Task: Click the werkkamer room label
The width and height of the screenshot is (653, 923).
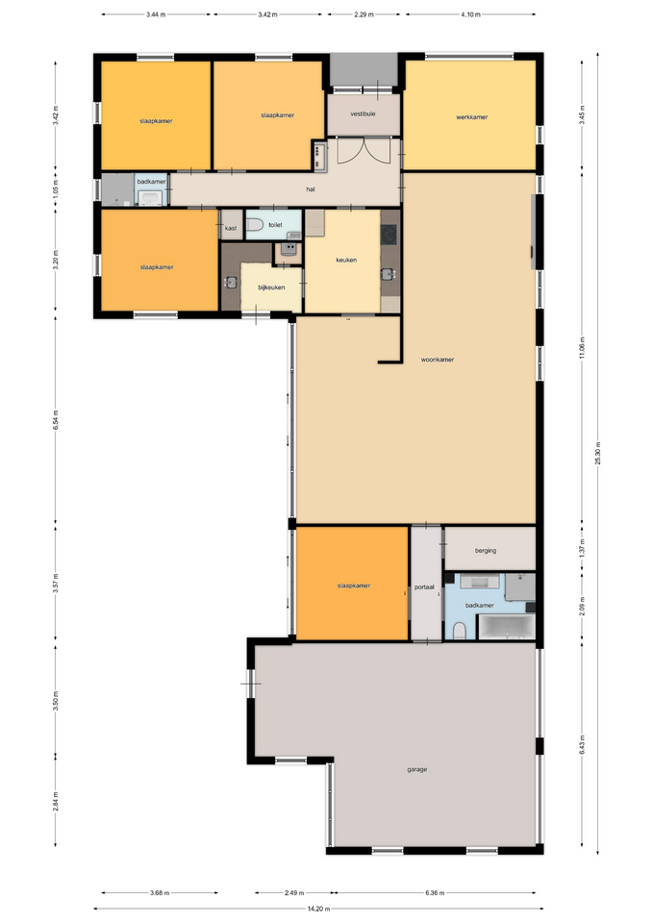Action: [x=471, y=117]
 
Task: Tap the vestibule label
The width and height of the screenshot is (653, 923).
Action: [x=363, y=113]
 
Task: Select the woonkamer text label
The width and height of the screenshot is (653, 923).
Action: [x=438, y=360]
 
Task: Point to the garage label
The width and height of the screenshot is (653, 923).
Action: [x=416, y=769]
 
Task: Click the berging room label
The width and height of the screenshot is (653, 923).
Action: [x=486, y=551]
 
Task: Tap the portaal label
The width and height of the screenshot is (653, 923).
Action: [x=424, y=587]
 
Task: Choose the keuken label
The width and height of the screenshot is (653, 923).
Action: [x=346, y=260]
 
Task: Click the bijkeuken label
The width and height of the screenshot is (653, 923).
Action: [x=271, y=287]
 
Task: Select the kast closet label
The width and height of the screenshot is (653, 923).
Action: [x=231, y=228]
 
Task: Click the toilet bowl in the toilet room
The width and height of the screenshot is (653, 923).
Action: [x=254, y=225]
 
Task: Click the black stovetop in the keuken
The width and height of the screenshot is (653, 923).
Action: [x=389, y=235]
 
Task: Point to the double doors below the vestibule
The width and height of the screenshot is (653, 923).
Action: [x=364, y=150]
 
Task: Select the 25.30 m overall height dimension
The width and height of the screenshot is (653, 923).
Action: [x=597, y=453]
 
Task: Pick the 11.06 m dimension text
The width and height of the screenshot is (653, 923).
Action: [x=582, y=347]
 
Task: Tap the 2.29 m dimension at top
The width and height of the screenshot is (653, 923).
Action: [x=364, y=14]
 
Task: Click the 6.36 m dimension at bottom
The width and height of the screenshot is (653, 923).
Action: [x=435, y=893]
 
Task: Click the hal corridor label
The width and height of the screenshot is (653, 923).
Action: [x=311, y=189]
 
